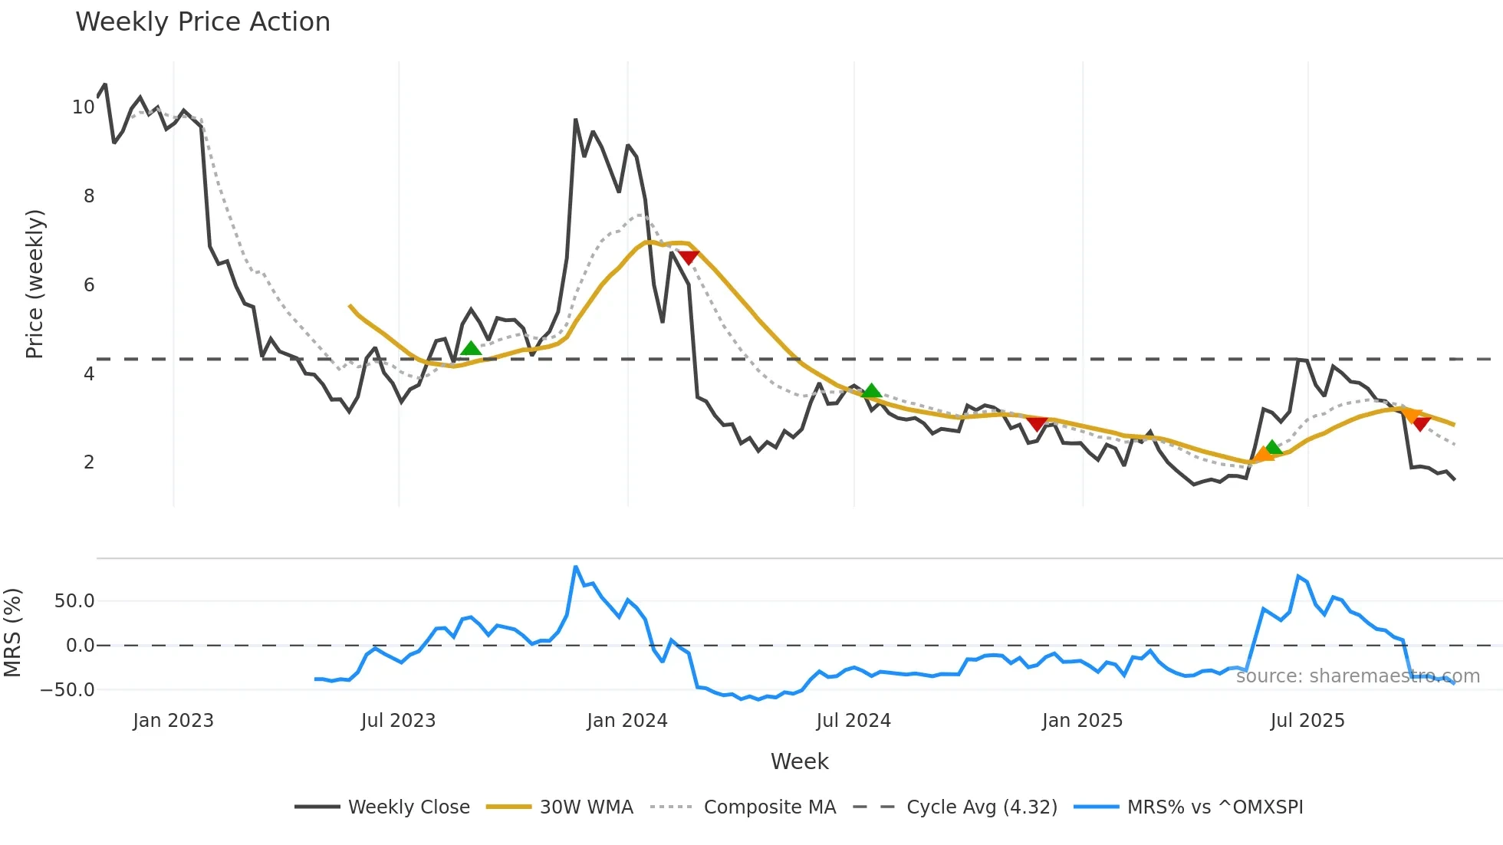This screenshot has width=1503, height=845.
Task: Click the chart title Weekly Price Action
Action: (202, 22)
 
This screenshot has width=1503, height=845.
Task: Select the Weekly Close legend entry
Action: (409, 807)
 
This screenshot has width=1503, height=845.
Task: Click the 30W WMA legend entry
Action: (586, 807)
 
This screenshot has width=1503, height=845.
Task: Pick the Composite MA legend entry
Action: (769, 807)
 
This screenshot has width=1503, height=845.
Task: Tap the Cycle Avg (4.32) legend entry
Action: (982, 807)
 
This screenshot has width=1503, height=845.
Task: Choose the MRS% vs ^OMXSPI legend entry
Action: (1215, 807)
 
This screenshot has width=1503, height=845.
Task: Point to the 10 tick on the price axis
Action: (84, 107)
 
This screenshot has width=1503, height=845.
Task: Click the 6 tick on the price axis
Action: (89, 285)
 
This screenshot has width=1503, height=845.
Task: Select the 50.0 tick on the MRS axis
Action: (74, 601)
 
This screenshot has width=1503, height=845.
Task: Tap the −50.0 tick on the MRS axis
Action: (68, 690)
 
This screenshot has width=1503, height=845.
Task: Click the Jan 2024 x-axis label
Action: (627, 721)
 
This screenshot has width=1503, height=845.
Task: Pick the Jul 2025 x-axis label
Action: (1307, 721)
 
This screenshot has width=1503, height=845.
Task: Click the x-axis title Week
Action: (799, 761)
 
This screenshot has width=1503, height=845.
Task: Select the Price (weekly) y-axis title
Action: (35, 284)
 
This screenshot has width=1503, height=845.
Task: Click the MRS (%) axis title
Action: (12, 633)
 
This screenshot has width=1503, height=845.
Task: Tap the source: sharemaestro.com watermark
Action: (1357, 676)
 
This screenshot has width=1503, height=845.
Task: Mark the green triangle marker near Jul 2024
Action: (871, 391)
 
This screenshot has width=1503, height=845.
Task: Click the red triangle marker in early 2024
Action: (688, 258)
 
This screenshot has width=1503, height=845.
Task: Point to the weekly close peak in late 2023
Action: (575, 120)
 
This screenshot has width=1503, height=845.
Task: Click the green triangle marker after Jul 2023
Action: (471, 348)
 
